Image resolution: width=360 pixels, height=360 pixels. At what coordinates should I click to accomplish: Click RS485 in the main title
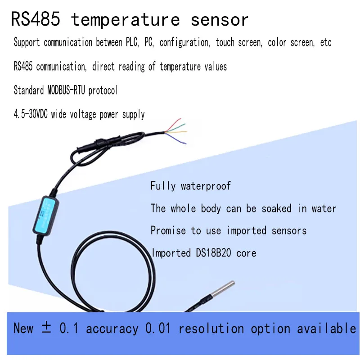point(36,19)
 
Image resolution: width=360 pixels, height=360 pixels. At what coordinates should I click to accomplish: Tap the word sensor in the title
point(220,20)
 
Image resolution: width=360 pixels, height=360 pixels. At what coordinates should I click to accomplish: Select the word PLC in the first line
point(132,42)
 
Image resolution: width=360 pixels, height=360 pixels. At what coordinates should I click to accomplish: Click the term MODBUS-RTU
point(66,90)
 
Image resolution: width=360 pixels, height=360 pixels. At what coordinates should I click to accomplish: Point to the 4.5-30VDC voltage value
point(31,114)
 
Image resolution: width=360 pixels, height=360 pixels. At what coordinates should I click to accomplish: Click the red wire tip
point(180,119)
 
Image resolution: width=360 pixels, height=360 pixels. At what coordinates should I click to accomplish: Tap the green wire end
point(184,125)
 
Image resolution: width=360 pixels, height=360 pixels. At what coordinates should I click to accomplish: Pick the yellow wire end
point(186,132)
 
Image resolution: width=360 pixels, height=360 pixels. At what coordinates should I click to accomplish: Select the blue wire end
point(185,144)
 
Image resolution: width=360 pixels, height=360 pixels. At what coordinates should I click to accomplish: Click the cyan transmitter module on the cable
point(45,215)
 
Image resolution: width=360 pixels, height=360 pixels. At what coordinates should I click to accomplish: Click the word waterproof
point(206,186)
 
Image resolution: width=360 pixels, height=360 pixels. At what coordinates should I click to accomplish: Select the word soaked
point(276,208)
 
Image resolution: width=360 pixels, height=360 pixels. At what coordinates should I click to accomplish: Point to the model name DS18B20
point(213,253)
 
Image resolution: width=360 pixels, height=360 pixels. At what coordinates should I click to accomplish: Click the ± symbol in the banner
point(46,327)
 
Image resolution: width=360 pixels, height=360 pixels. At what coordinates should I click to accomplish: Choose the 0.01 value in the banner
point(158,328)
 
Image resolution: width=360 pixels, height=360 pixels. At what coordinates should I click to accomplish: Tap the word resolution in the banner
point(211,328)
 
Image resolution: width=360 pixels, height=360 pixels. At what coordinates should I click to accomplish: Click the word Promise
point(168,230)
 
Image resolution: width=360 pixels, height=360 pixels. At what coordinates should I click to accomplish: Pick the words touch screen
point(239,42)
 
